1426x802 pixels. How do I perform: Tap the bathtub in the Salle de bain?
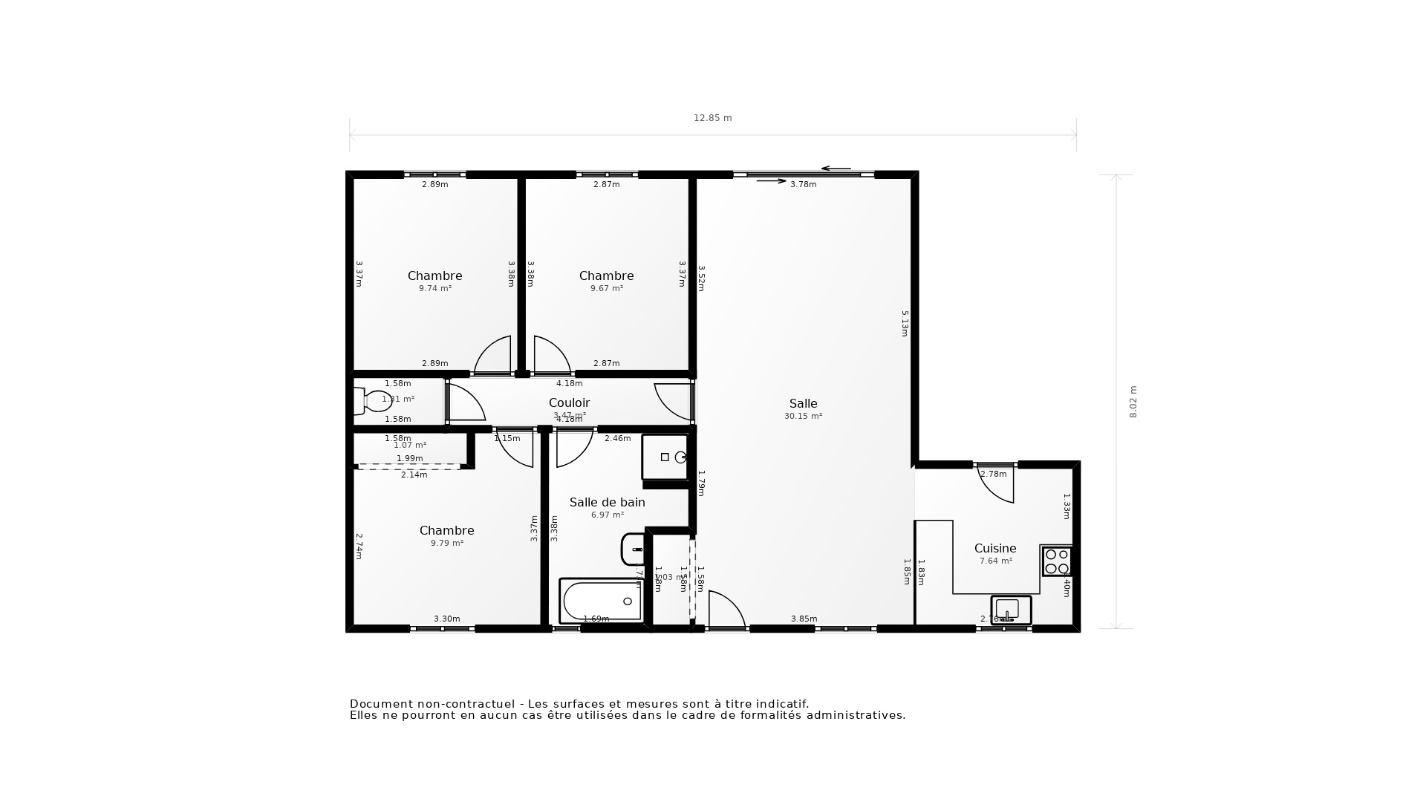coord(601,601)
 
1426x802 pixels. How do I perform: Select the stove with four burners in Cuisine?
coord(1057,561)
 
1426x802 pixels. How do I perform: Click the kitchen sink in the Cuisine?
coord(1011,610)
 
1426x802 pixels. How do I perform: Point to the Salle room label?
coord(803,404)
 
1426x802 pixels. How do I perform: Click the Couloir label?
coord(569,402)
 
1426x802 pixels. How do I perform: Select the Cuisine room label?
coord(995,549)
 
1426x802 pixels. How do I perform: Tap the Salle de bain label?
coord(607,503)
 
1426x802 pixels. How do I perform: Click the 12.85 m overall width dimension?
coord(712,118)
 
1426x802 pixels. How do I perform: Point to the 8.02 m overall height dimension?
coord(1133,402)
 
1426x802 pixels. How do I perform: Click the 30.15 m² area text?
coord(803,417)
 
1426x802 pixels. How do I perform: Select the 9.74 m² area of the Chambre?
coord(434,289)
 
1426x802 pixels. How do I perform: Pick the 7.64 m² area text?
coord(995,561)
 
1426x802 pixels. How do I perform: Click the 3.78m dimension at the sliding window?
coord(803,185)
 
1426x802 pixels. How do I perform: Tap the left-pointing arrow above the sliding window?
coord(836,169)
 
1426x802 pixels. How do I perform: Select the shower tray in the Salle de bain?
coord(665,457)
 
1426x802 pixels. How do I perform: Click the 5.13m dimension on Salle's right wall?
coord(905,324)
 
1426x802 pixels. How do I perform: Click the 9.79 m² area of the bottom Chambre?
coord(446,544)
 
